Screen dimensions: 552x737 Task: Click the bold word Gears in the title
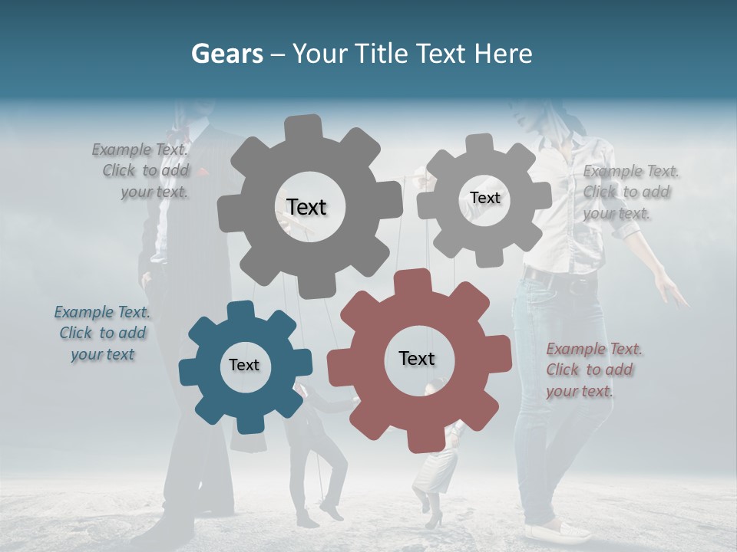point(226,54)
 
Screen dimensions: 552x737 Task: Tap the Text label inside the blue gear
point(244,366)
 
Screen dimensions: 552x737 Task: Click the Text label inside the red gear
point(417,359)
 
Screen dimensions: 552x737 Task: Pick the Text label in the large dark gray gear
point(306,207)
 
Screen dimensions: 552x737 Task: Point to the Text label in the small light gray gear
point(484,198)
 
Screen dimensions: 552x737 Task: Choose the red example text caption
point(593,370)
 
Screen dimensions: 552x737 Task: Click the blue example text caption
point(102,333)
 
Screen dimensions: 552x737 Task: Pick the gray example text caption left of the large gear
point(142,170)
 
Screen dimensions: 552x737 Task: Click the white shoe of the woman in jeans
point(554,531)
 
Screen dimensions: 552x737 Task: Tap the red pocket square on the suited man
point(203,171)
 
